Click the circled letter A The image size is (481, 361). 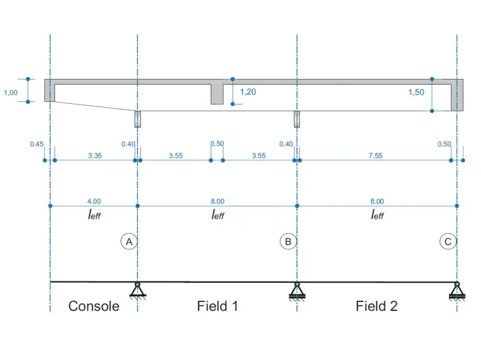point(129,242)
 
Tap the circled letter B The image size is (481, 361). point(288,242)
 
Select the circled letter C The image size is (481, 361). point(448,242)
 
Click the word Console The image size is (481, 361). point(94,306)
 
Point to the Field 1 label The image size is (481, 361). point(217,306)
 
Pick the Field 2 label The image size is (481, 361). point(376,306)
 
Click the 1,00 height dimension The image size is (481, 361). point(10,92)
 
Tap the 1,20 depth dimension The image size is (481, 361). point(248,92)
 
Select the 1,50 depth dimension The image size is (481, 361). point(416,92)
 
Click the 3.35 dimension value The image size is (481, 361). point(95,156)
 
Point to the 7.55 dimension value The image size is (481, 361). point(375,156)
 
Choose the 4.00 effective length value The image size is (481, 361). point(94,201)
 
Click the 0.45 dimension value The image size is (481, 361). point(37,144)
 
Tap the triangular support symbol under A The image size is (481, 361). point(138,290)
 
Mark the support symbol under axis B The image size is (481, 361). point(297,291)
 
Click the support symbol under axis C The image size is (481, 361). point(457,291)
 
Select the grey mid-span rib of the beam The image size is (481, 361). point(217,94)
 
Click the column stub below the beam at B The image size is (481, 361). point(297,119)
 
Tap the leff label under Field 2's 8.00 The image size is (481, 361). point(377,214)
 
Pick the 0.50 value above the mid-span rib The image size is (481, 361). point(217,144)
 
